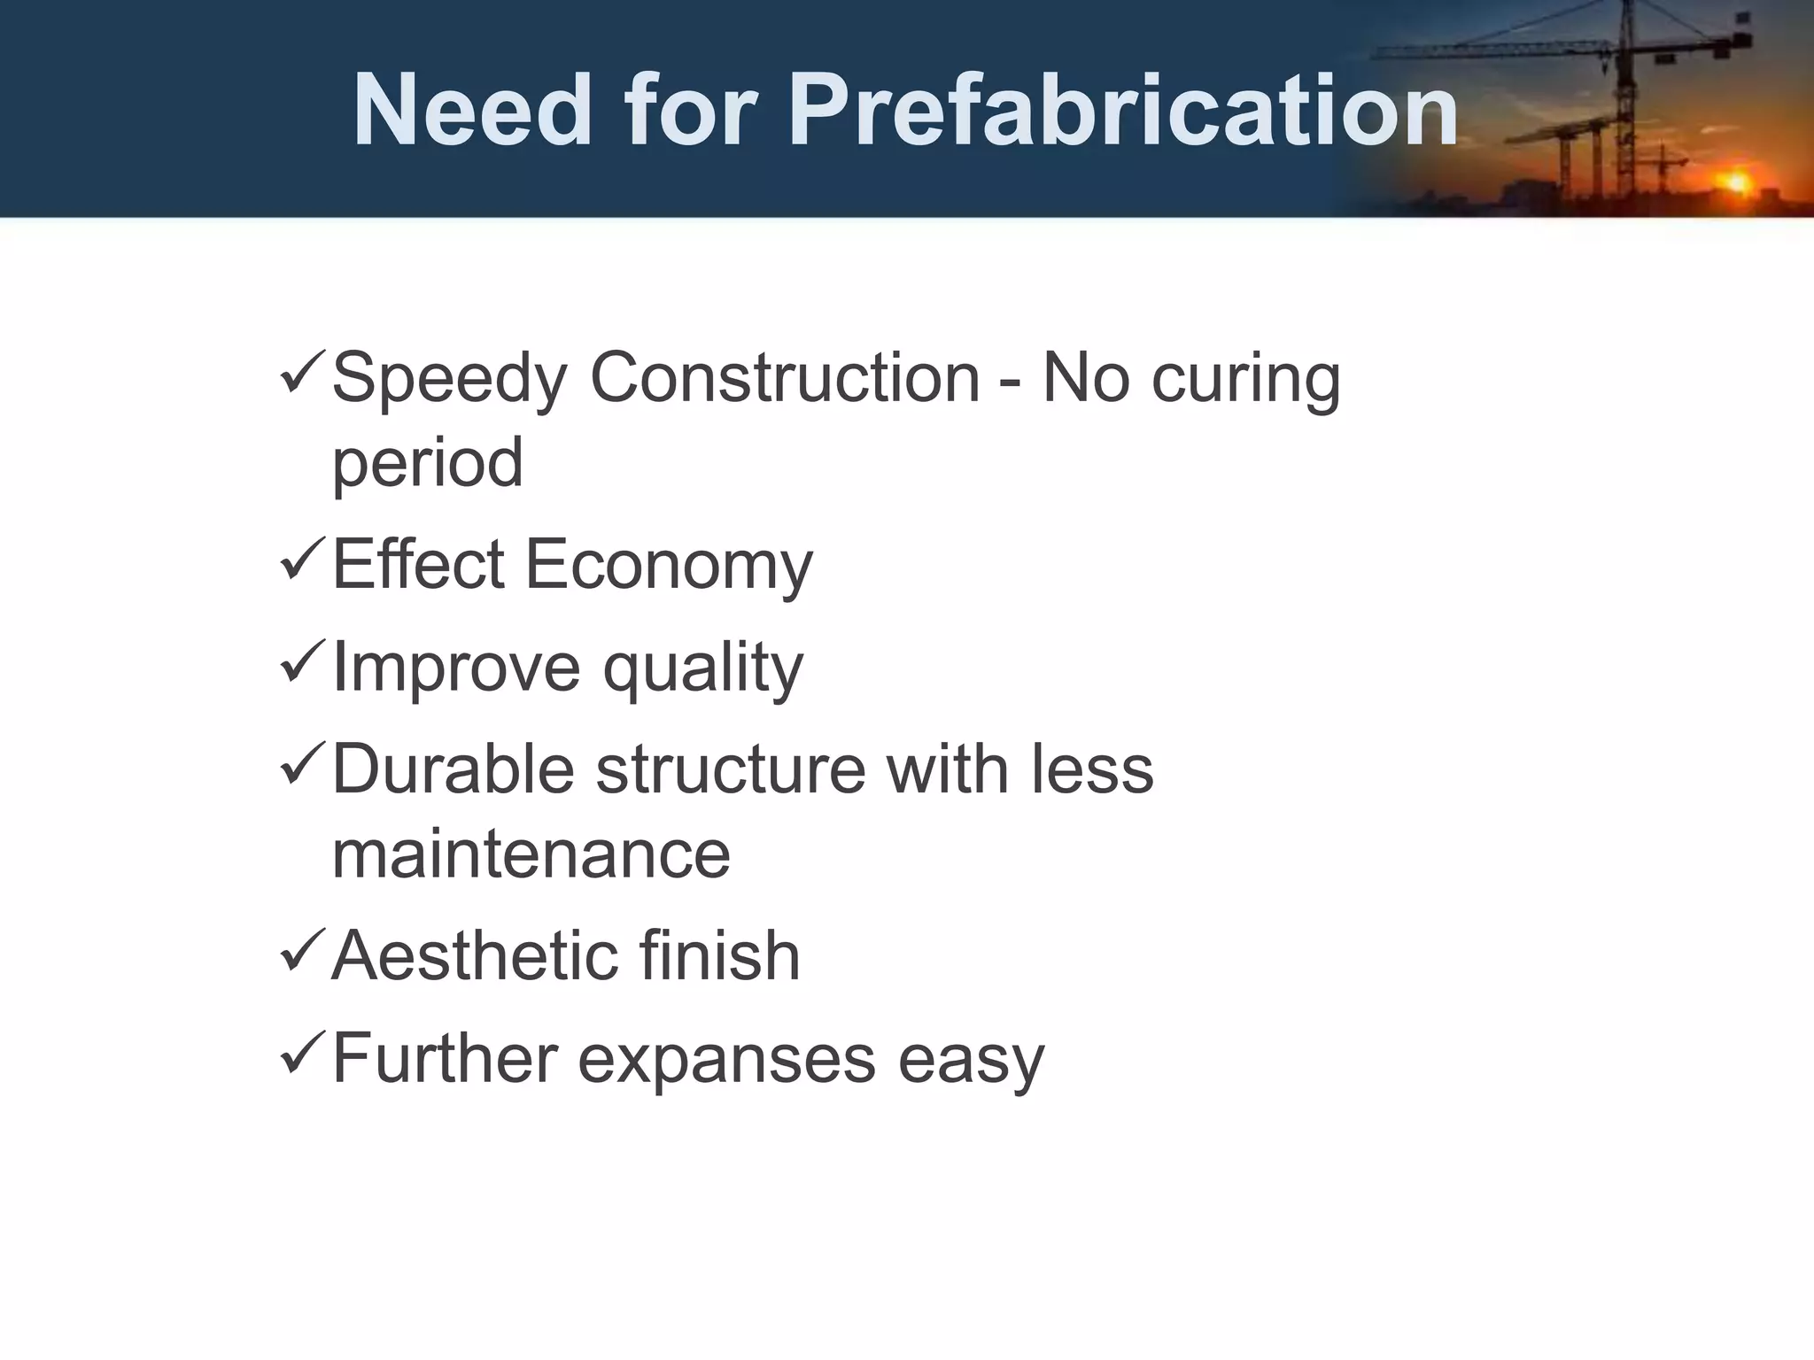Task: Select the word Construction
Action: coord(784,378)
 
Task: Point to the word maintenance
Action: coord(531,854)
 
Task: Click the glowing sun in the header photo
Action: coord(1737,183)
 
